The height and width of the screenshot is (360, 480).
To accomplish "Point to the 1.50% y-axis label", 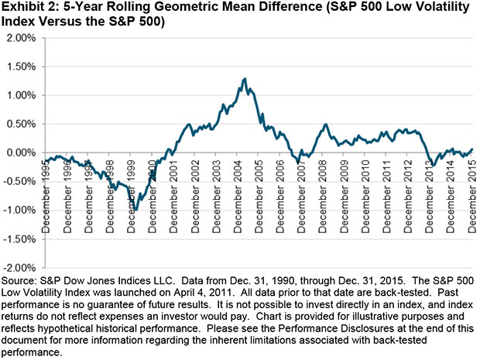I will point(21,67).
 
